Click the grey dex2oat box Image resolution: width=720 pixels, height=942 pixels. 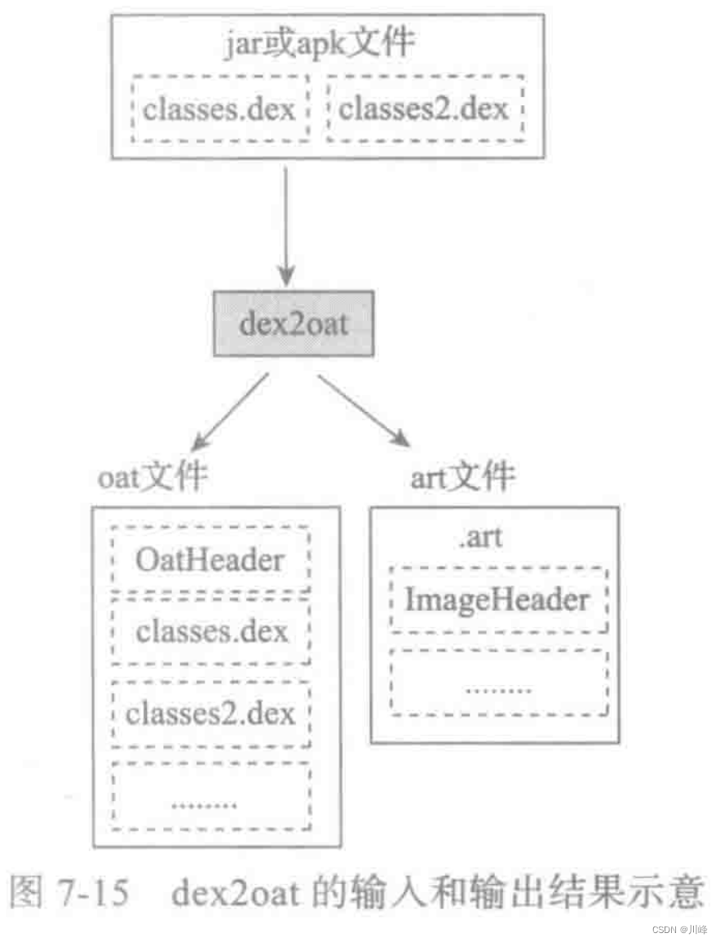click(294, 323)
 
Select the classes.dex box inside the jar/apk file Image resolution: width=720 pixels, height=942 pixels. click(219, 108)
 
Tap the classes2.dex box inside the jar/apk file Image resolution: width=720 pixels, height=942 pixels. click(424, 108)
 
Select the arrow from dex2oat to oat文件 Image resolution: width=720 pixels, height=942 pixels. click(231, 412)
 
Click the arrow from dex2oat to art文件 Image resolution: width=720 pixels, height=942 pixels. click(364, 411)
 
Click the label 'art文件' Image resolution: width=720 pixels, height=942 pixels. click(462, 476)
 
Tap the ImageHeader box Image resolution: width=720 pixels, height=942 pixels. click(497, 599)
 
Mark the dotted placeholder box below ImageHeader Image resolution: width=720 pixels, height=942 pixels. click(498, 685)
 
